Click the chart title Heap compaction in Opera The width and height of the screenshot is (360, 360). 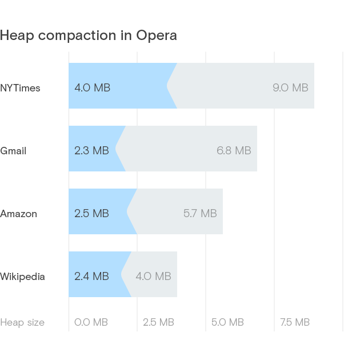[x=89, y=35]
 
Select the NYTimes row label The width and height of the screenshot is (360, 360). [x=20, y=88]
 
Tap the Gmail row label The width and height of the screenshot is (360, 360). [x=13, y=151]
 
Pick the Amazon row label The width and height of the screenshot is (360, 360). [x=18, y=214]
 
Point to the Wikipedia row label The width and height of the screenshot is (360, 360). [x=22, y=277]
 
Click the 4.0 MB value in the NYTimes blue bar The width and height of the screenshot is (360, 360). [x=92, y=88]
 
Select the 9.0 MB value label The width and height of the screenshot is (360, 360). [x=290, y=88]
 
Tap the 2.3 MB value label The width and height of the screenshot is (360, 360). [x=91, y=151]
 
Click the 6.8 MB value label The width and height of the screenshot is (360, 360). [x=234, y=151]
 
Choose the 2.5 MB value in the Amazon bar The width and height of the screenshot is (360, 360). [x=91, y=214]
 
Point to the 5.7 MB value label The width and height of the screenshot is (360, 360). [x=200, y=214]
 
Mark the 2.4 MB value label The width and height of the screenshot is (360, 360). [x=91, y=277]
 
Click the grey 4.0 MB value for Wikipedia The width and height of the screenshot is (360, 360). [x=153, y=277]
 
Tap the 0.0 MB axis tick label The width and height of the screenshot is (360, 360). [x=91, y=322]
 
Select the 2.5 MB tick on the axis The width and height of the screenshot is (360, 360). [x=158, y=322]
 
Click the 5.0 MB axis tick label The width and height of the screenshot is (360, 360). [x=227, y=322]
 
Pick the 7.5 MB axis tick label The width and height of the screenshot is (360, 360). [x=295, y=322]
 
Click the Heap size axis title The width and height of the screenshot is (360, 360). [x=22, y=322]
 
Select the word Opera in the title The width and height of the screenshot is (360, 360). [x=157, y=35]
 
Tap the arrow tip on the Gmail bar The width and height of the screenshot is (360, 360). [x=116, y=149]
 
